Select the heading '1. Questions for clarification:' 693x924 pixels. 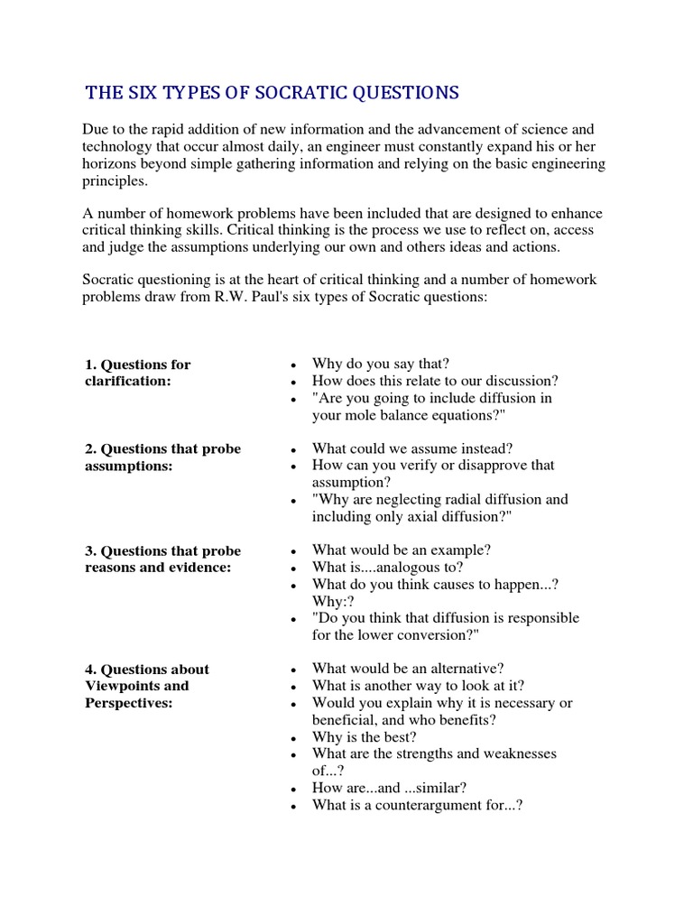137,373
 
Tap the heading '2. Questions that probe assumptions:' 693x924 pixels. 162,457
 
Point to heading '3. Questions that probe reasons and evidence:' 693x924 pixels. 162,559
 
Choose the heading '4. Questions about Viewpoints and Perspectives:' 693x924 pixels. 146,686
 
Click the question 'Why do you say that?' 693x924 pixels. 380,364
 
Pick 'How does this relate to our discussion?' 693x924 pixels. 435,381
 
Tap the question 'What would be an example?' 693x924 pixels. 402,550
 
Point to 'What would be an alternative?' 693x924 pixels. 408,669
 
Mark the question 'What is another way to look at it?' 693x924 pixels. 418,686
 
